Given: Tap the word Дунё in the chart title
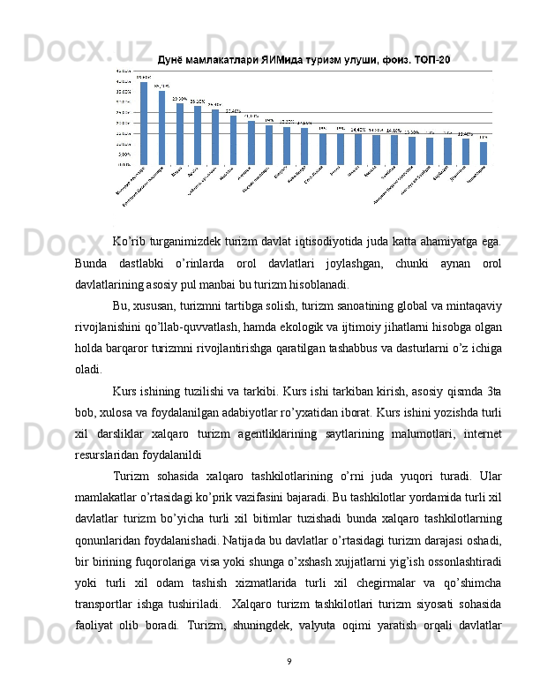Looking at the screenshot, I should (x=171, y=60).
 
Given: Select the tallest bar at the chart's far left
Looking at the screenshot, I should (x=144, y=123).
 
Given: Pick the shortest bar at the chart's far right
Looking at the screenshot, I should (x=483, y=153).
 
